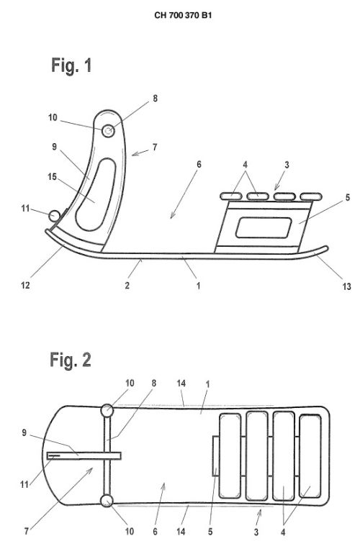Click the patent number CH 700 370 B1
tap(183, 15)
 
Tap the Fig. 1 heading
tap(71, 65)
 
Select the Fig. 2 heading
tap(71, 360)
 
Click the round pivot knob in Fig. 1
tap(108, 131)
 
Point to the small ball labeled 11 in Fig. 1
tap(55, 215)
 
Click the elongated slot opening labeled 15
tap(96, 194)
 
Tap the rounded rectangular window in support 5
tap(264, 227)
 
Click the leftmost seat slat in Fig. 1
tap(231, 196)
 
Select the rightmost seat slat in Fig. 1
tap(311, 196)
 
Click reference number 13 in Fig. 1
tap(346, 286)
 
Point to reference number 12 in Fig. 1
tap(25, 285)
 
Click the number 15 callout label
tap(53, 176)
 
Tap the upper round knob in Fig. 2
tap(107, 411)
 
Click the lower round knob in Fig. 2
tap(107, 501)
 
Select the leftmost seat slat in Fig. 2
tap(230, 456)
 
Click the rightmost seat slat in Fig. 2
tap(310, 456)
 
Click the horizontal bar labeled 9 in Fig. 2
tap(84, 455)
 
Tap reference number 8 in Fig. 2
tap(154, 383)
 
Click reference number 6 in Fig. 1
tap(199, 164)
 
